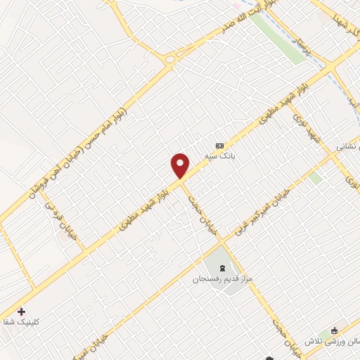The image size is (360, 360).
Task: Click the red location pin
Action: click(x=181, y=165)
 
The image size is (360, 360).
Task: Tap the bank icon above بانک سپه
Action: click(x=220, y=146)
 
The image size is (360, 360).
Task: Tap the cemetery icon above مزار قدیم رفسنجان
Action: click(x=223, y=268)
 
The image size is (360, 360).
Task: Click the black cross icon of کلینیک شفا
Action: click(x=20, y=311)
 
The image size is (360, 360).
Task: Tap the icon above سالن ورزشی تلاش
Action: click(x=334, y=331)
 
